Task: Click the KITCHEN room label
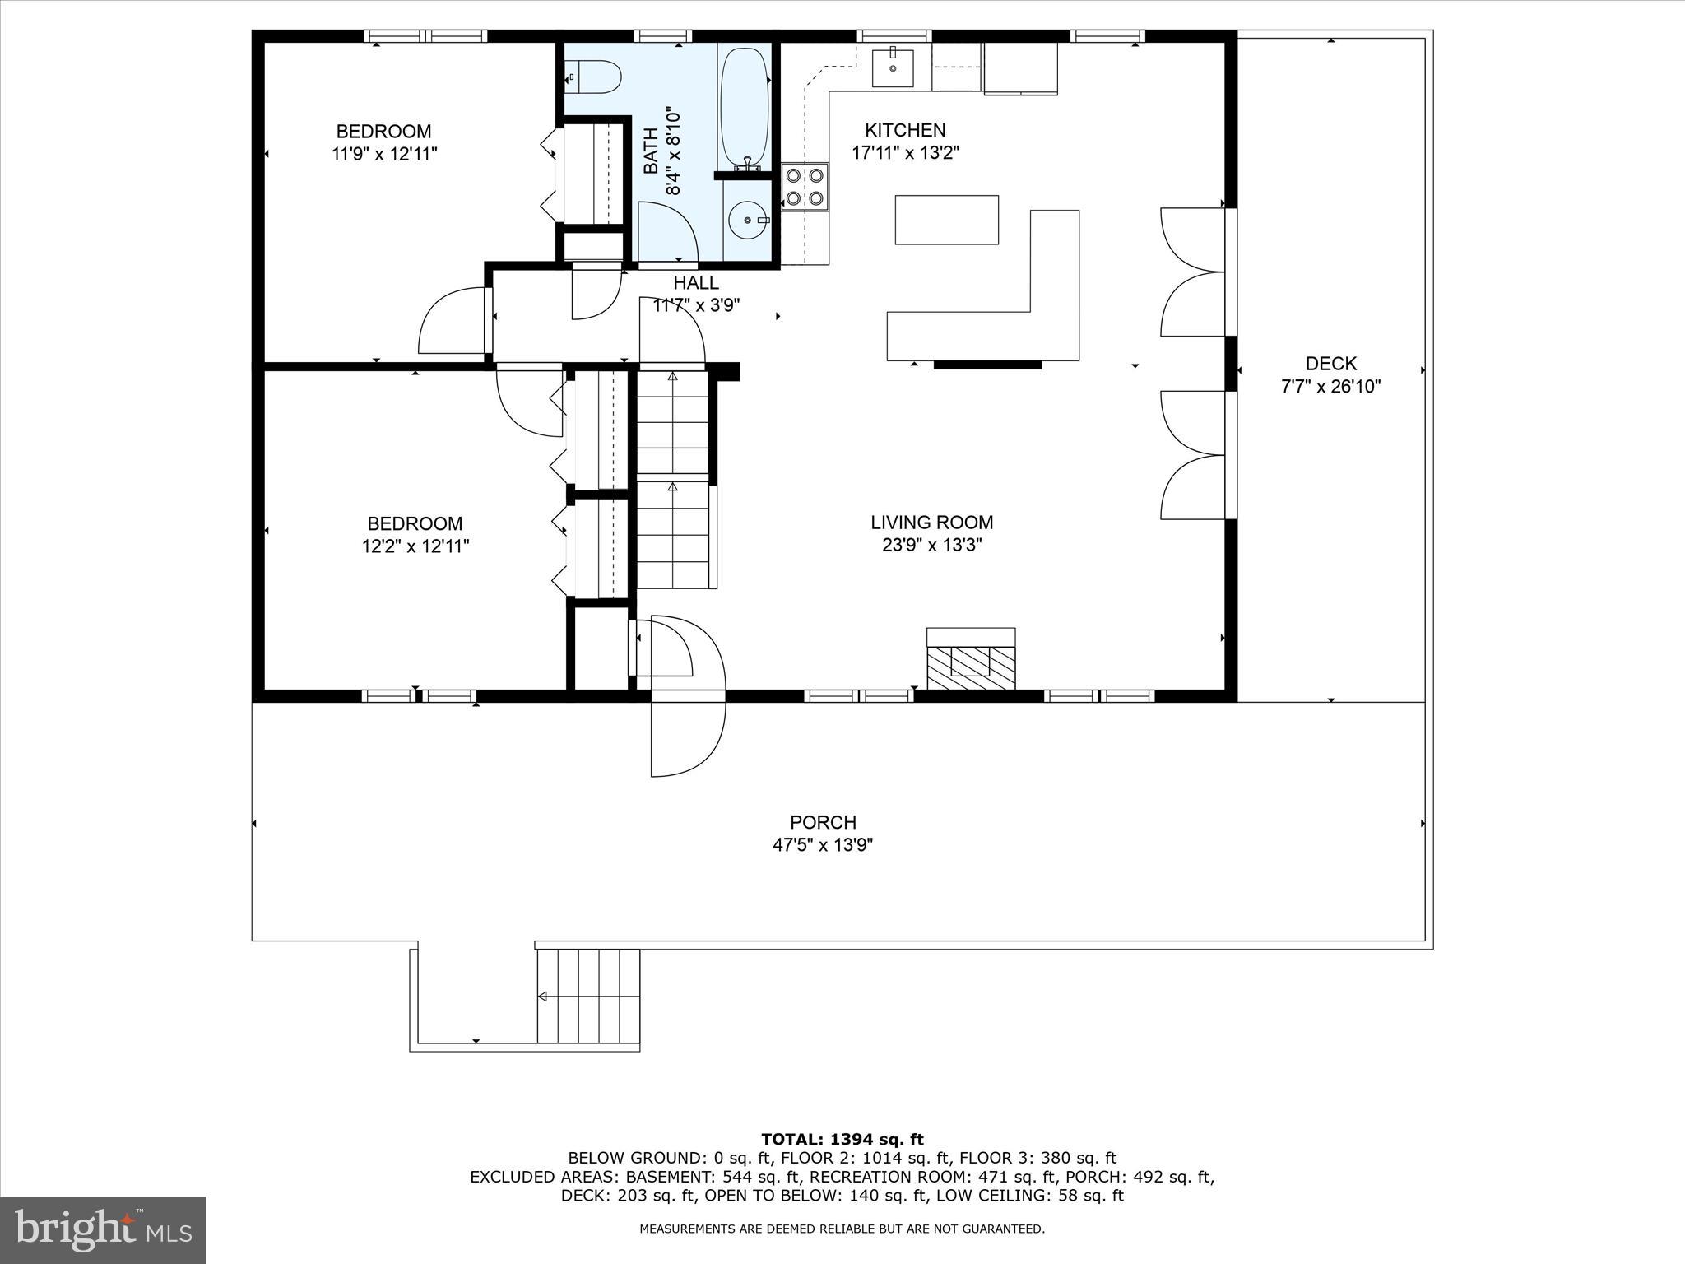click(x=905, y=130)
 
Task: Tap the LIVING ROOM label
click(x=931, y=523)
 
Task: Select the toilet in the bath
click(x=595, y=77)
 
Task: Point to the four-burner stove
click(x=805, y=187)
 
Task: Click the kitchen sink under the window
click(x=893, y=67)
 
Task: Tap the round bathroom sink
click(x=748, y=221)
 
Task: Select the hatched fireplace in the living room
click(x=971, y=667)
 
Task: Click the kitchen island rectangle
click(x=946, y=220)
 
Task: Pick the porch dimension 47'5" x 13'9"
click(x=822, y=845)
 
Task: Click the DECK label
click(x=1330, y=364)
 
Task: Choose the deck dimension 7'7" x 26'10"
click(x=1330, y=387)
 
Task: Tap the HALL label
click(x=696, y=283)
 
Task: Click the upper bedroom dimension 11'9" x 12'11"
click(x=384, y=154)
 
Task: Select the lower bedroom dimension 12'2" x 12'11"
click(x=415, y=546)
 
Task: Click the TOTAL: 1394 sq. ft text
click(x=842, y=1140)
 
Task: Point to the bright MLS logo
click(x=103, y=1229)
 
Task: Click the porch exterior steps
click(x=588, y=996)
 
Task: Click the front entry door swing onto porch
click(x=687, y=737)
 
